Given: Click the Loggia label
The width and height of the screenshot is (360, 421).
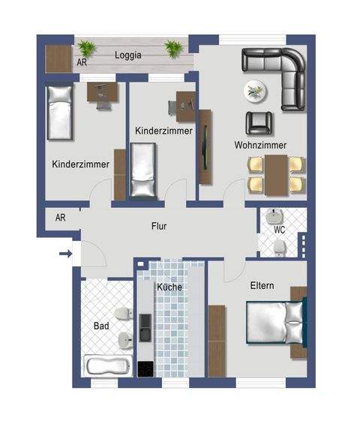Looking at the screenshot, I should click(x=128, y=55).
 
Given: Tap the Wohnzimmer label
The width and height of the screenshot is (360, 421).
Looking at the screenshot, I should click(x=260, y=145).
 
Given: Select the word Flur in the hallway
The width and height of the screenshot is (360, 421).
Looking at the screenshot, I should click(x=158, y=225).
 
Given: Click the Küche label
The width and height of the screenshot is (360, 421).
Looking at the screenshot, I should click(x=169, y=287).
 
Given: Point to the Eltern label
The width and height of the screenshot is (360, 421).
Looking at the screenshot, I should click(x=262, y=286).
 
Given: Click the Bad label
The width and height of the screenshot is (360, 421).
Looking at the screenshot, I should click(x=101, y=326).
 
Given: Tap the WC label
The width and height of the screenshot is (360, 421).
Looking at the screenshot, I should click(x=279, y=230).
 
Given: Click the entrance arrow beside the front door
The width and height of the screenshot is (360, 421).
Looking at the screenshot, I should click(x=65, y=254).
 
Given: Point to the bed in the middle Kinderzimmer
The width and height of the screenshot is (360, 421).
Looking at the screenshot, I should click(x=142, y=171).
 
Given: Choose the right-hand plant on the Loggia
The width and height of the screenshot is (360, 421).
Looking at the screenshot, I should click(x=174, y=49).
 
